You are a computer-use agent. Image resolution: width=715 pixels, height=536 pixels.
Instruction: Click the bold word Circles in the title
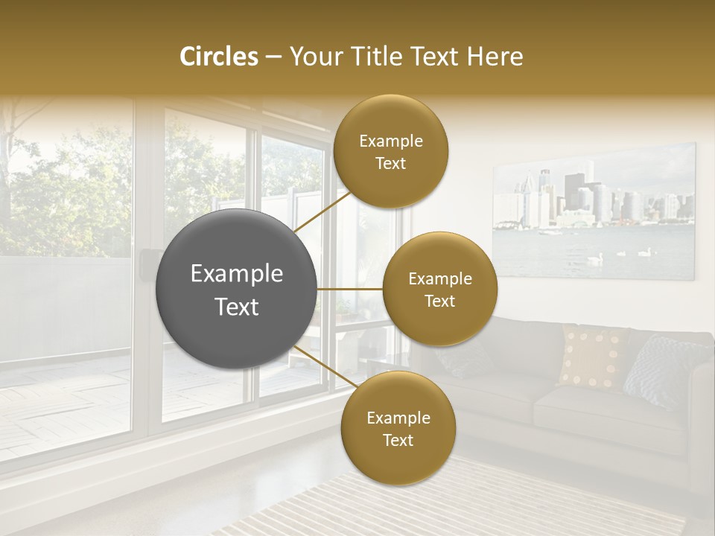click(x=218, y=57)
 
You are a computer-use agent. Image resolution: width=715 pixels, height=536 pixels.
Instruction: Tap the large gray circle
click(x=237, y=289)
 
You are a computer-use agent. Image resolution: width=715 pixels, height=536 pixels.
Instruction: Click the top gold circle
click(x=390, y=151)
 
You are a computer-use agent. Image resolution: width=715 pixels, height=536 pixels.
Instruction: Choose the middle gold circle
click(x=439, y=289)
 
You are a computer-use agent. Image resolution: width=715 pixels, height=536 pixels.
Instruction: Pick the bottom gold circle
click(x=398, y=428)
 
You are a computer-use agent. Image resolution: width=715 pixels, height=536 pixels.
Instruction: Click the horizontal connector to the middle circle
click(x=350, y=289)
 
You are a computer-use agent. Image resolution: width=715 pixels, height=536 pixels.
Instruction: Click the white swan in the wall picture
click(x=594, y=258)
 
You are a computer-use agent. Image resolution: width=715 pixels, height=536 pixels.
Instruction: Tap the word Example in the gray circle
click(x=237, y=274)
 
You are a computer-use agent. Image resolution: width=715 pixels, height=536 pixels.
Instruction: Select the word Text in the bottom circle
click(x=398, y=440)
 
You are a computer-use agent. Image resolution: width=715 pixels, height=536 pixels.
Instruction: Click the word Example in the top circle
click(x=390, y=141)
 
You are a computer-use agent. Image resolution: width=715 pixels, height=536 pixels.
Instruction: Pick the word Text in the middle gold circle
click(x=439, y=301)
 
